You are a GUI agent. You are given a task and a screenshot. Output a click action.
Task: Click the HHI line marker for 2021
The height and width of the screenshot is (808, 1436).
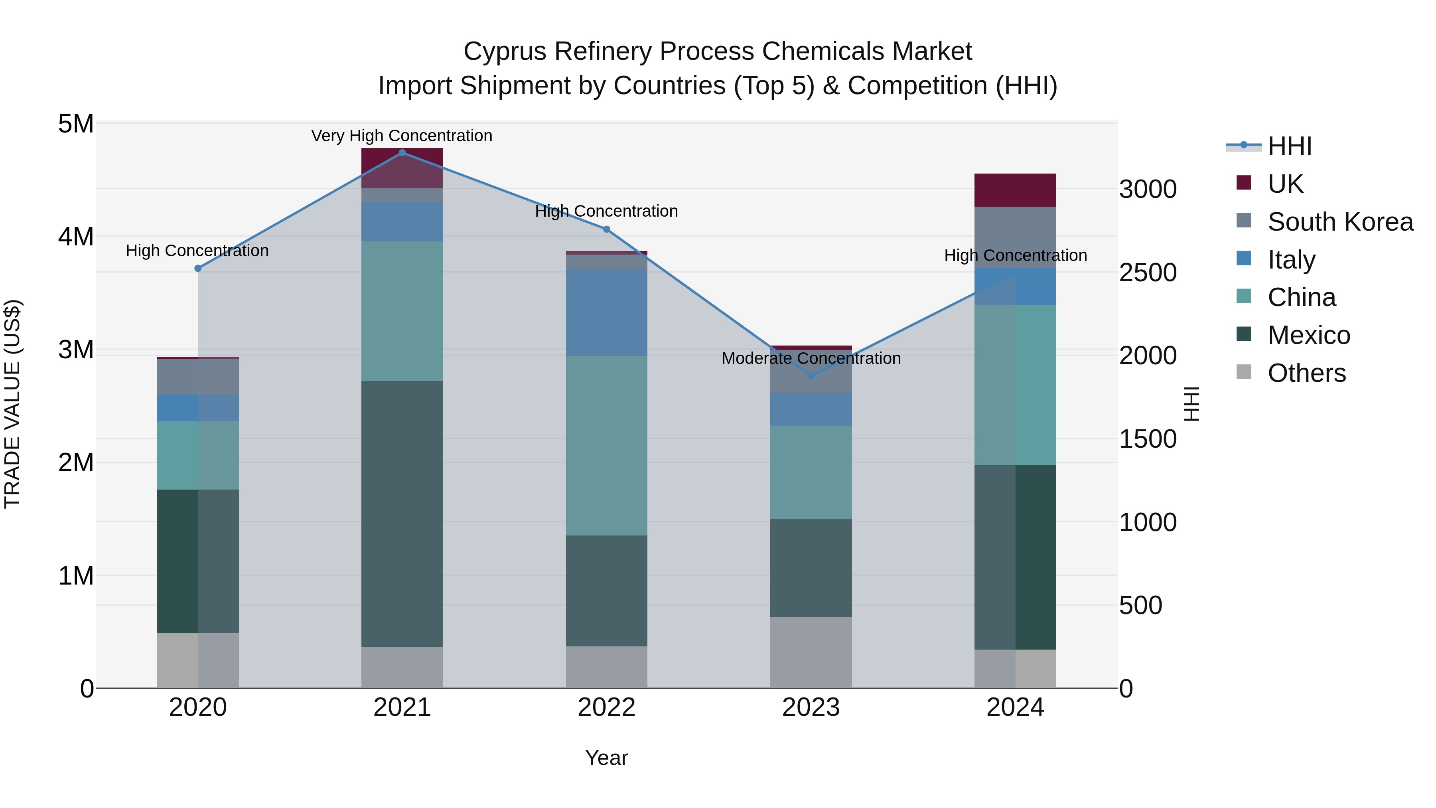click(x=402, y=153)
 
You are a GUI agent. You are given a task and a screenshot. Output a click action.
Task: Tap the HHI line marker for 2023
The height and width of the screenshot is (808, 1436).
click(x=811, y=376)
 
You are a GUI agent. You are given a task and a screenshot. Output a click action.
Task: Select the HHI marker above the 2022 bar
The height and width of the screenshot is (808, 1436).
click(x=606, y=229)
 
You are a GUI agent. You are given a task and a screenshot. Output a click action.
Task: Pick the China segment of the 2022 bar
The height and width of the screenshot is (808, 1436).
click(x=606, y=446)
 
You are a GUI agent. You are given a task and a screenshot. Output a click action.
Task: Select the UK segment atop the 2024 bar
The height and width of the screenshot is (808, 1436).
click(x=1015, y=190)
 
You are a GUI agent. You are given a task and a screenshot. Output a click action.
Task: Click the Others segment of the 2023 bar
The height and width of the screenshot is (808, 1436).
click(x=811, y=652)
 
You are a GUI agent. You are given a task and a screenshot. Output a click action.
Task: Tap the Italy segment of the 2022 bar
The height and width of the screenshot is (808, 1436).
click(x=606, y=312)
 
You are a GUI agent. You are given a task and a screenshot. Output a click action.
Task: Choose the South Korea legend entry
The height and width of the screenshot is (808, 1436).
click(x=1340, y=222)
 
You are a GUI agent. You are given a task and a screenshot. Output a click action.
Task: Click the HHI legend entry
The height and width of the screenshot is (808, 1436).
click(x=1289, y=146)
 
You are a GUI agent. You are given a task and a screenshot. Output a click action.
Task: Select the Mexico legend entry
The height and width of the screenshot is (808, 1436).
click(x=1308, y=335)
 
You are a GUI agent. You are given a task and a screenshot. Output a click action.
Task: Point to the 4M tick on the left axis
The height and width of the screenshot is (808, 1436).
click(x=76, y=237)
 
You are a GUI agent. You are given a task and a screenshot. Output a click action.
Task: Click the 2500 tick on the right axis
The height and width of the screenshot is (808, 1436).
click(x=1148, y=273)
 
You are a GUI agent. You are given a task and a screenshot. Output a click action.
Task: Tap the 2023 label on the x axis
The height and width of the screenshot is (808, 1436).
click(x=811, y=707)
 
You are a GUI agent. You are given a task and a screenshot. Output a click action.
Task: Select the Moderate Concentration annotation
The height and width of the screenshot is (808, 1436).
click(x=811, y=358)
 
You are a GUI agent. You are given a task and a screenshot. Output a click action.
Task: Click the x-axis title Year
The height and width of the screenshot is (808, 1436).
click(x=606, y=758)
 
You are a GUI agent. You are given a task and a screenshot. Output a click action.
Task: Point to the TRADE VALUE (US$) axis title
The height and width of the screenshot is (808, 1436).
click(x=12, y=404)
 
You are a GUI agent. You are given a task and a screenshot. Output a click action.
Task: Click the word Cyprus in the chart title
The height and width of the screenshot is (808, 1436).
click(x=505, y=51)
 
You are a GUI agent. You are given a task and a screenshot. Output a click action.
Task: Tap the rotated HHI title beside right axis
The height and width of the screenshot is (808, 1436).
click(x=1191, y=404)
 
